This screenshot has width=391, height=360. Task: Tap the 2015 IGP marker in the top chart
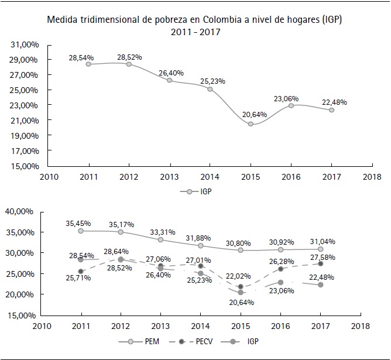pyautogui.click(x=251, y=124)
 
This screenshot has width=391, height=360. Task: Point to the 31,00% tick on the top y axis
pyautogui.click(x=25, y=44)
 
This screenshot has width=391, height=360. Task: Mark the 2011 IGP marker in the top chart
pyautogui.click(x=88, y=64)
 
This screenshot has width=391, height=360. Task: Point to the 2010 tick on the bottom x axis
pyautogui.click(x=40, y=326)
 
